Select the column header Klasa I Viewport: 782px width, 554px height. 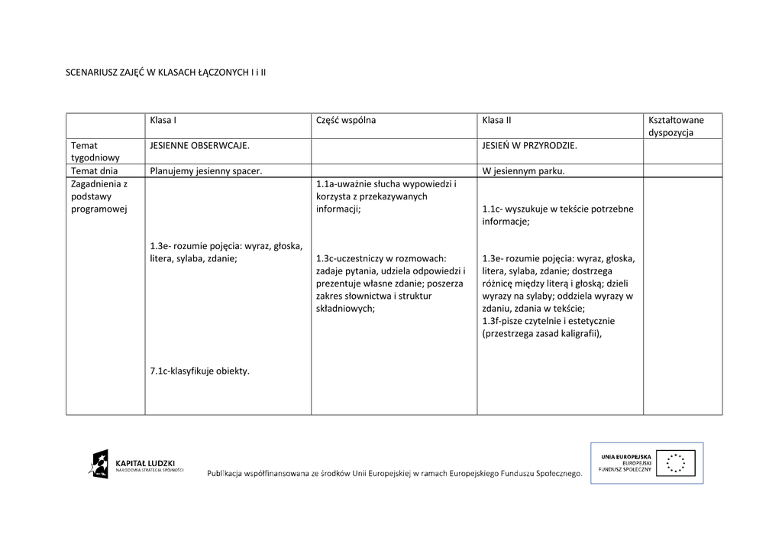tap(163, 120)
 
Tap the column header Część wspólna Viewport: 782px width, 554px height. tap(346, 120)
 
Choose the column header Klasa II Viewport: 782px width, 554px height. tap(496, 120)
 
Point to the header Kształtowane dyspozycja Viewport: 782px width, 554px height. tap(676, 126)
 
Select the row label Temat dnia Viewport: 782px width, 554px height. tap(95, 170)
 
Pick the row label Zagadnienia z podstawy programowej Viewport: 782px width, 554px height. tap(99, 196)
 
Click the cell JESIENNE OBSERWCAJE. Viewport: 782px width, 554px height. tap(200, 144)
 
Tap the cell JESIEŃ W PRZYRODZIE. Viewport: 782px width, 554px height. tap(529, 144)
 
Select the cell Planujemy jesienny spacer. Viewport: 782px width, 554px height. tap(206, 170)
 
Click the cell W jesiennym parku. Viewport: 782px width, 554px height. tap(523, 170)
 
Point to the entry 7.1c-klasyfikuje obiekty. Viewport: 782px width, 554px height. tap(200, 371)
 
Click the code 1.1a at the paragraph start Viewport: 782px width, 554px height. tap(325, 184)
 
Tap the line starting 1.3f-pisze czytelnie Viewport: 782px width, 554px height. tap(548, 321)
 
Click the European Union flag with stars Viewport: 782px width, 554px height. tap(680, 462)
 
